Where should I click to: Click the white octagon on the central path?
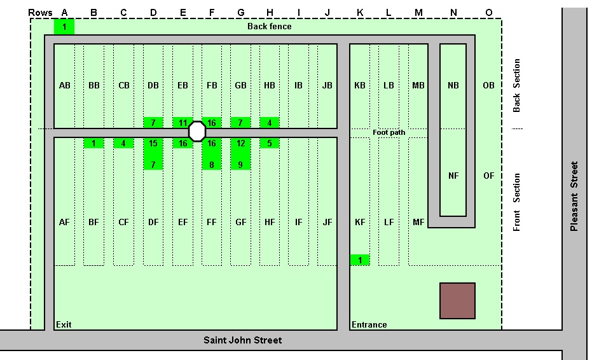pyautogui.click(x=197, y=132)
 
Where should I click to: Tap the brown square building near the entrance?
pyautogui.click(x=457, y=301)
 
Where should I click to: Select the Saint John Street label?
pyautogui.click(x=242, y=340)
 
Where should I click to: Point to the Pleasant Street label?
pyautogui.click(x=574, y=197)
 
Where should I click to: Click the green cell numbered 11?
pyautogui.click(x=182, y=123)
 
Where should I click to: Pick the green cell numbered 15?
pyautogui.click(x=153, y=144)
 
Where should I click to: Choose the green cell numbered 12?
pyautogui.click(x=240, y=144)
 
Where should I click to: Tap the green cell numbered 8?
pyautogui.click(x=211, y=165)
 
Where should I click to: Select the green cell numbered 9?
pyautogui.click(x=240, y=165)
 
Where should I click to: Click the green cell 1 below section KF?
pyautogui.click(x=360, y=260)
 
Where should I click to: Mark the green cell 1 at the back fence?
pyautogui.click(x=64, y=27)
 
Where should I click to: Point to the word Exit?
pyautogui.click(x=64, y=324)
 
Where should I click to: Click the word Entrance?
pyautogui.click(x=369, y=324)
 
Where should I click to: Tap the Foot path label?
pyautogui.click(x=389, y=132)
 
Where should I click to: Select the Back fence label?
pyautogui.click(x=269, y=27)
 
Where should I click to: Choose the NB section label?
pyautogui.click(x=453, y=85)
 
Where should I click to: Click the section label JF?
pyautogui.click(x=327, y=222)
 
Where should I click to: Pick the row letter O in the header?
pyautogui.click(x=488, y=13)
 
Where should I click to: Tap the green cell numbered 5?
pyautogui.click(x=270, y=144)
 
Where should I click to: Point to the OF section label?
pyautogui.click(x=488, y=176)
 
